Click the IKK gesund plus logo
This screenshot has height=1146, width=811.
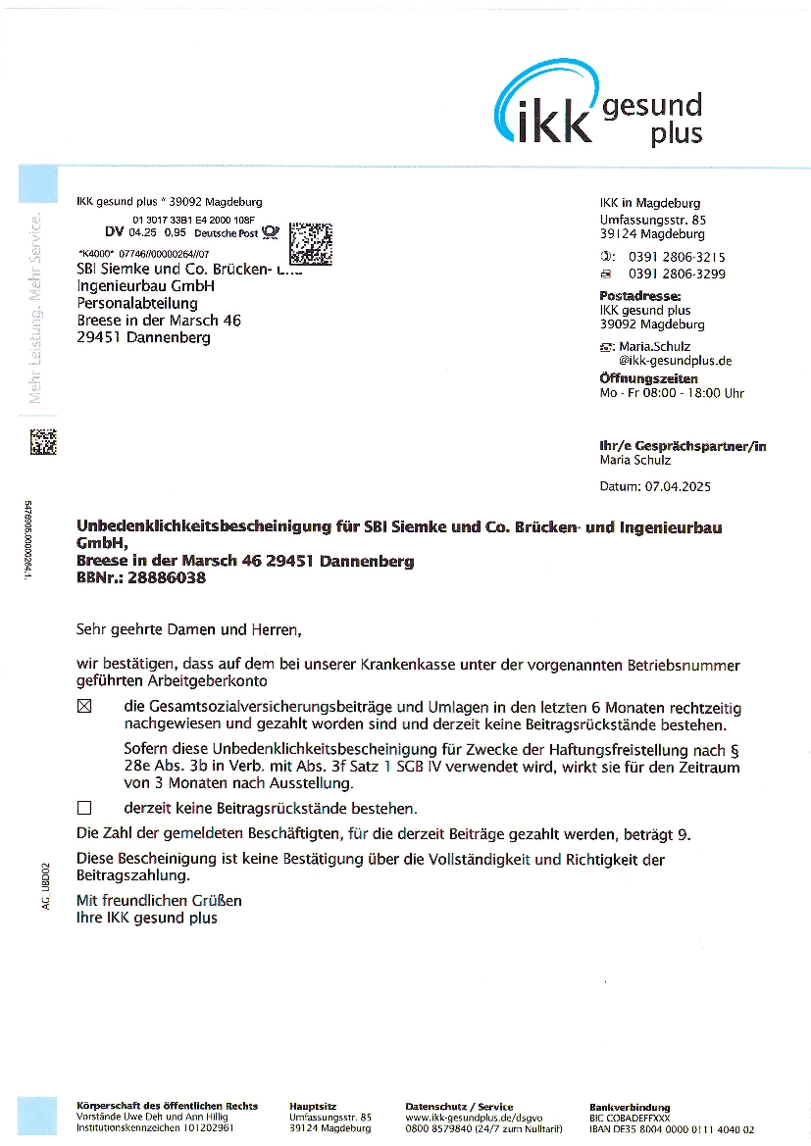[599, 104]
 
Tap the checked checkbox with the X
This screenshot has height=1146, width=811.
[83, 706]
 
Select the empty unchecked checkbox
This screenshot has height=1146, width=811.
[83, 809]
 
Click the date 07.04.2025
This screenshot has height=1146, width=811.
[678, 486]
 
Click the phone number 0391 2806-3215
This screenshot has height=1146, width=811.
[677, 257]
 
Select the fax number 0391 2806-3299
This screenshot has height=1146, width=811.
[677, 274]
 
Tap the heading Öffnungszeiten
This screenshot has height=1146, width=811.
[648, 378]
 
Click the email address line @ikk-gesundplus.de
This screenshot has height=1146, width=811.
[675, 361]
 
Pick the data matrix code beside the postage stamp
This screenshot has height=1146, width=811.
[312, 243]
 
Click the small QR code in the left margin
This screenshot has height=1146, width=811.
[43, 441]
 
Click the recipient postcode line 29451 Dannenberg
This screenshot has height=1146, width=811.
[143, 337]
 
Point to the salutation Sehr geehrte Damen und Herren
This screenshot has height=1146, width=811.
[188, 628]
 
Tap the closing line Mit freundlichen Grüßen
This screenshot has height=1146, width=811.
[159, 900]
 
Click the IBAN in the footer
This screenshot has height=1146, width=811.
[672, 1128]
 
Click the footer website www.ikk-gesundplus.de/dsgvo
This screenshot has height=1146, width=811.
[474, 1117]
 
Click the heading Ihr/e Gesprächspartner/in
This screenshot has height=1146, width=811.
[683, 446]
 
